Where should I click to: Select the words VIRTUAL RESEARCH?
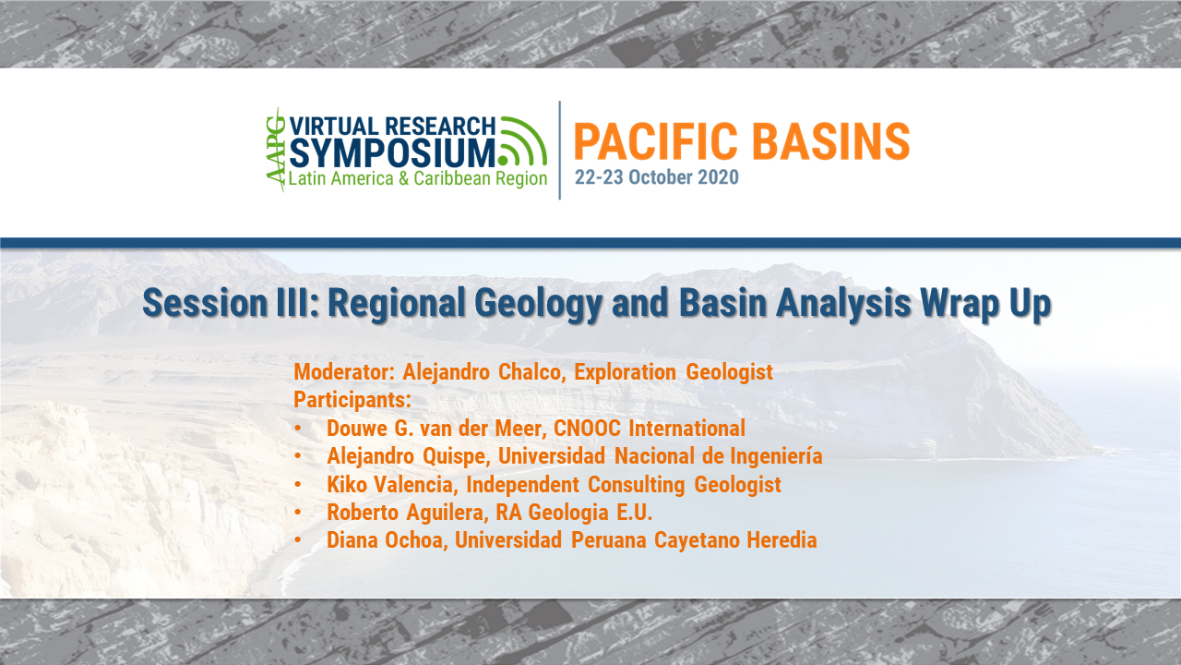tap(393, 126)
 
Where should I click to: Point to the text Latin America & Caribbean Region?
tap(417, 178)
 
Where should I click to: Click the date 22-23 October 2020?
tap(656, 177)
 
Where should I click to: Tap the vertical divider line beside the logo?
tap(560, 150)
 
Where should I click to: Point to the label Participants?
tap(352, 401)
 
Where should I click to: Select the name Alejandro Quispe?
tap(398, 456)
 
